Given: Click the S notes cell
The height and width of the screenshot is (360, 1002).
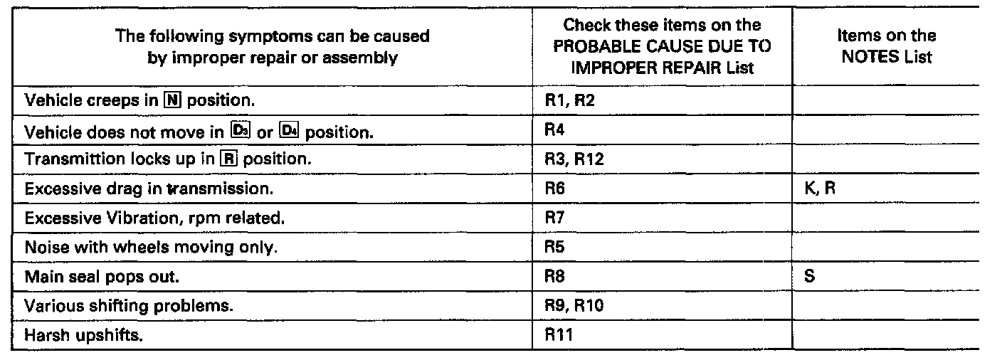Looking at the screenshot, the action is click(x=809, y=277).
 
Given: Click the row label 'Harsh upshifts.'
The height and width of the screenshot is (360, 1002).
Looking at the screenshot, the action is click(x=83, y=336).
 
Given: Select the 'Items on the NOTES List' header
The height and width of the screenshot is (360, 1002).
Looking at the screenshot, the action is click(x=886, y=46).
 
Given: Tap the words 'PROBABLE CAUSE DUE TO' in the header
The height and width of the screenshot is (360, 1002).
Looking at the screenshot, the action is click(x=662, y=45).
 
